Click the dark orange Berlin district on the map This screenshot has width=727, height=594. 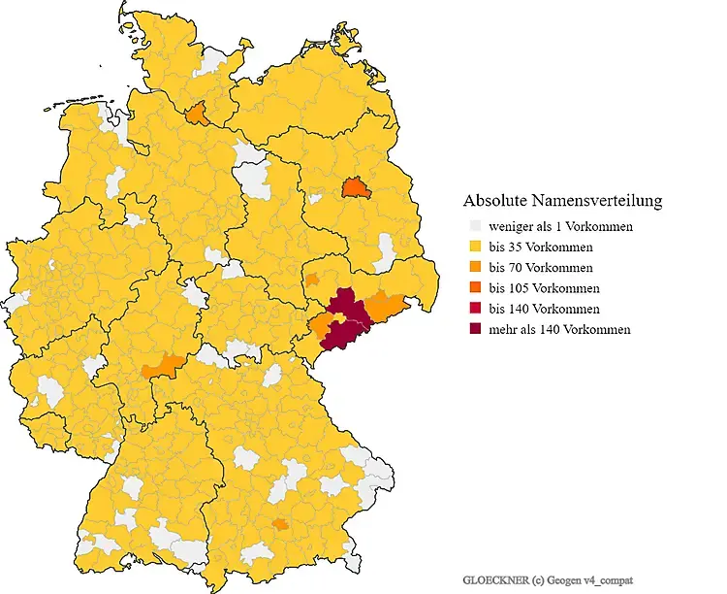click(x=357, y=185)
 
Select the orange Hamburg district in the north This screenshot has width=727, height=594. click(x=197, y=115)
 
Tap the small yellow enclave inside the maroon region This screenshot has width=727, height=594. click(x=340, y=317)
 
